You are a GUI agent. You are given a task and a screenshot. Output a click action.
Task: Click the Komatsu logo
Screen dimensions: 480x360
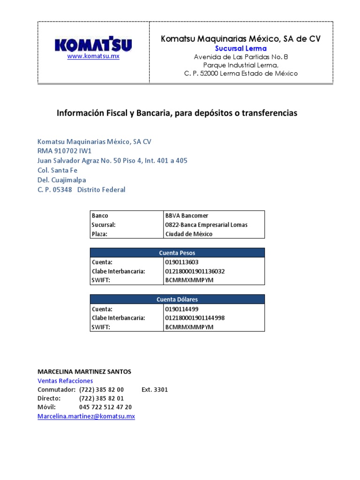click(x=93, y=45)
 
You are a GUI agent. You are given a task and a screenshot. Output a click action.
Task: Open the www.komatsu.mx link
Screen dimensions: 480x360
click(x=93, y=56)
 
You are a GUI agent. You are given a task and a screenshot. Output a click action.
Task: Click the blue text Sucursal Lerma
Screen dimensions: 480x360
click(x=240, y=48)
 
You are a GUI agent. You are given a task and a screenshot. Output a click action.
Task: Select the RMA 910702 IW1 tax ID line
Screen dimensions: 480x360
click(x=64, y=151)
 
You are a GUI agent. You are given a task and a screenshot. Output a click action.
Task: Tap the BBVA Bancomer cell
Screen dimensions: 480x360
click(x=187, y=216)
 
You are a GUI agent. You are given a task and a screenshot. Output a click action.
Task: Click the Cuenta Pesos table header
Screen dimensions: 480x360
click(x=177, y=253)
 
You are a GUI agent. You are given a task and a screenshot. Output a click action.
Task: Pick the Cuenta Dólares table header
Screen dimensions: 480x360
click(x=177, y=300)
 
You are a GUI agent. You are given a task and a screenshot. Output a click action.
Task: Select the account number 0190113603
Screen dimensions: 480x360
click(x=182, y=262)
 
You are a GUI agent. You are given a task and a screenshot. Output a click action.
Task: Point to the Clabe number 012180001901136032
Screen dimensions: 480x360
click(x=195, y=271)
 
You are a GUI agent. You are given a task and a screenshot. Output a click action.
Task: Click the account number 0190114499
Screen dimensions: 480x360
click(x=182, y=309)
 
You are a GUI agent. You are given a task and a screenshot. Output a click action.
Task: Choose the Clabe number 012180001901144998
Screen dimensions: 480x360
click(x=195, y=318)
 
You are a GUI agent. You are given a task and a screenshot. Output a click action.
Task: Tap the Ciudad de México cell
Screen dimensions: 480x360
click(x=188, y=234)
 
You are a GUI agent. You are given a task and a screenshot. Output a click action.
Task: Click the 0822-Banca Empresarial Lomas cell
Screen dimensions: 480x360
click(x=206, y=225)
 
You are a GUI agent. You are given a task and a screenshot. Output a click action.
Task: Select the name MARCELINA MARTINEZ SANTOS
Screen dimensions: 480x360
click(x=84, y=372)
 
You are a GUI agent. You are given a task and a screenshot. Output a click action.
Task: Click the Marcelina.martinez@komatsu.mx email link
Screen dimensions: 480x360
click(x=86, y=416)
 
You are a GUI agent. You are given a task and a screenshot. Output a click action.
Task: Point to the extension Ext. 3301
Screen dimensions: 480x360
click(x=154, y=390)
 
